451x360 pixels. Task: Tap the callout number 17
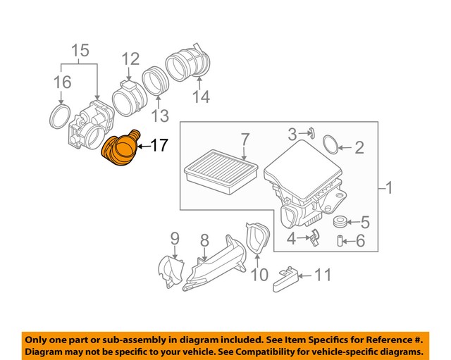160,146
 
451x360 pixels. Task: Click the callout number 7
245,139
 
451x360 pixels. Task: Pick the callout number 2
359,148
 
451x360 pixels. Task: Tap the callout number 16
63,82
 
